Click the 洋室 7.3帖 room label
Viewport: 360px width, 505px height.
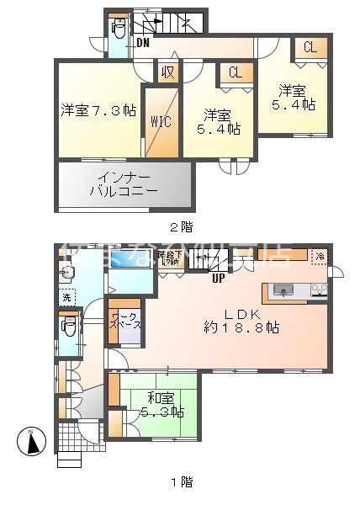pos(98,109)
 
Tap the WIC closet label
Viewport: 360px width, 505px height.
pos(161,121)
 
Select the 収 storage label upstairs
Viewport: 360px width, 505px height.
pos(168,73)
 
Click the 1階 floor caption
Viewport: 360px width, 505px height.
pos(180,482)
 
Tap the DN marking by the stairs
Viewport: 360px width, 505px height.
pos(142,43)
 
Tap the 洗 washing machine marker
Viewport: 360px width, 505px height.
pos(66,297)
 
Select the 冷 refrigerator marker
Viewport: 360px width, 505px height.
pos(319,254)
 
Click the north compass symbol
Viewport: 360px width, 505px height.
pos(30,441)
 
